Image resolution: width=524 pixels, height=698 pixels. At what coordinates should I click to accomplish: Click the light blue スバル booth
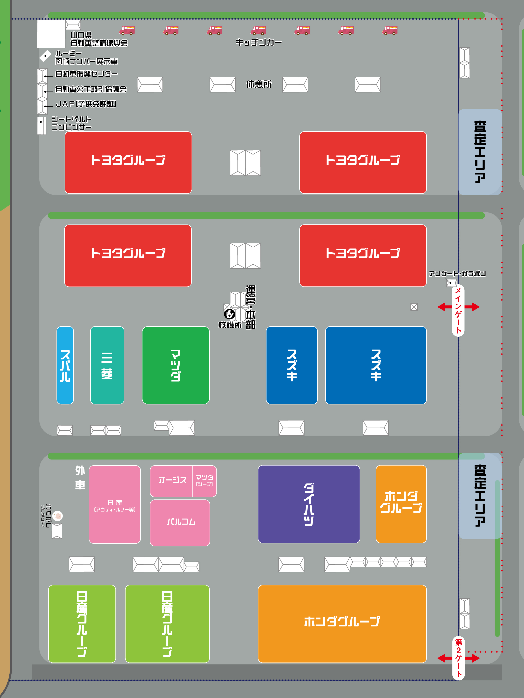click(65, 365)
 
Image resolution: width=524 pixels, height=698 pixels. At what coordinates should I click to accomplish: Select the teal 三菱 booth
click(107, 365)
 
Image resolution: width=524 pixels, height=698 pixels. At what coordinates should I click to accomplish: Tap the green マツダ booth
click(176, 365)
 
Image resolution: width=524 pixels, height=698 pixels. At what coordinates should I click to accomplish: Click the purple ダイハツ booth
click(309, 504)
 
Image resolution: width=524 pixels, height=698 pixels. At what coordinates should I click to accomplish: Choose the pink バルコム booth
click(180, 523)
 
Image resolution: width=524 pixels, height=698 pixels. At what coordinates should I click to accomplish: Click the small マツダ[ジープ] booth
click(204, 481)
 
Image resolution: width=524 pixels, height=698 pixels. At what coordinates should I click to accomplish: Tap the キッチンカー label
click(259, 42)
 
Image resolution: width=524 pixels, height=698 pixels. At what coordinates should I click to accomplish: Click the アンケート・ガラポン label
click(457, 274)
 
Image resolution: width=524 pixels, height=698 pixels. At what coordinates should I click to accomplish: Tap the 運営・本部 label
click(250, 307)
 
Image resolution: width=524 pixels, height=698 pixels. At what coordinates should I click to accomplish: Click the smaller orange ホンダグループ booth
click(401, 504)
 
